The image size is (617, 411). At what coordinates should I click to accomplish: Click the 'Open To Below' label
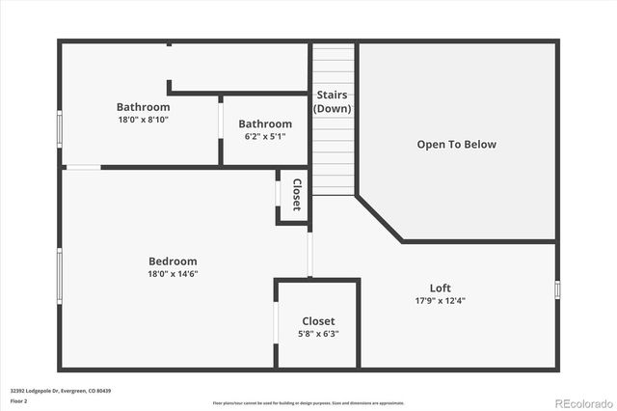click(x=456, y=145)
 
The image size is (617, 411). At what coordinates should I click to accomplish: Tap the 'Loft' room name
click(x=440, y=288)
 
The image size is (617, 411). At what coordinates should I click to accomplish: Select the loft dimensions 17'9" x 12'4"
click(x=440, y=300)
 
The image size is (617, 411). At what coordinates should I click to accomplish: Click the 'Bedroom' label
click(x=173, y=261)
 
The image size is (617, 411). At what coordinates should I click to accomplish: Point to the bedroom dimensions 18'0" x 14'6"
click(x=173, y=273)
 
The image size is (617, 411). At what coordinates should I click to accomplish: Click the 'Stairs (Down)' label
click(x=333, y=101)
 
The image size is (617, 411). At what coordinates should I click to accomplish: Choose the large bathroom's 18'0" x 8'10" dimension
click(x=143, y=119)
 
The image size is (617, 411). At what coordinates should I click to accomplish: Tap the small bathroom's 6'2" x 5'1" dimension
click(x=265, y=136)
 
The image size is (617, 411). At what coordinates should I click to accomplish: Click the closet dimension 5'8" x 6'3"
click(x=318, y=334)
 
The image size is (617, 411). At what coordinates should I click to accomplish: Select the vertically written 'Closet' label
click(x=297, y=195)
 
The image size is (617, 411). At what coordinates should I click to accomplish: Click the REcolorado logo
click(x=581, y=402)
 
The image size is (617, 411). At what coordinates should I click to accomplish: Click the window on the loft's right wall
click(x=557, y=289)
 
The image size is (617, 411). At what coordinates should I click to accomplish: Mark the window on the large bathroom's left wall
click(x=60, y=126)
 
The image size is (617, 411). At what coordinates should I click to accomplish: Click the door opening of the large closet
click(x=277, y=324)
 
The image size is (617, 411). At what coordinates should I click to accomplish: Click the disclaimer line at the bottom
click(x=308, y=403)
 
